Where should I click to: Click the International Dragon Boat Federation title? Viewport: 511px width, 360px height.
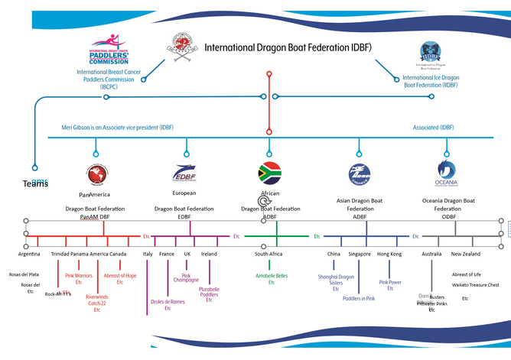(x=288, y=47)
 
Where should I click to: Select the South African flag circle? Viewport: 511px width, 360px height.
(x=269, y=174)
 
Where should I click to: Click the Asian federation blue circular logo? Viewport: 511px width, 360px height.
(x=360, y=174)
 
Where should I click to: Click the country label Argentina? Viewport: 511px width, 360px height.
(x=30, y=254)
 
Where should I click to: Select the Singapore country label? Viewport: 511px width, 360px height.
(x=360, y=254)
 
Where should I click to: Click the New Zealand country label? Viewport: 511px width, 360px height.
(x=466, y=254)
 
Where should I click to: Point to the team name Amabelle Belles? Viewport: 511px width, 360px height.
(x=271, y=275)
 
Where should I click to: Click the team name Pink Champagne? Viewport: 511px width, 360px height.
(x=186, y=279)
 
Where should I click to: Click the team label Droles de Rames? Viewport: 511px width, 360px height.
(x=168, y=301)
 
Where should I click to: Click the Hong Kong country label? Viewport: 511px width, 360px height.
(x=389, y=254)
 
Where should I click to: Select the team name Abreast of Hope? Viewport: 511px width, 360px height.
(x=120, y=275)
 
